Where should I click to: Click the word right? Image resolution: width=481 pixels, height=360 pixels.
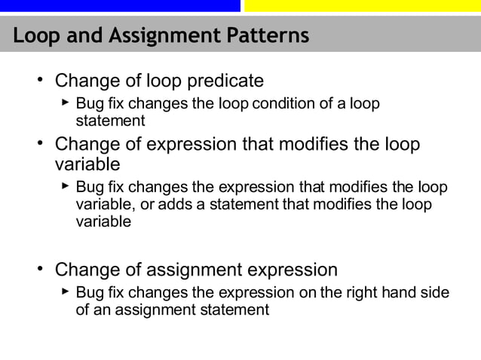358,292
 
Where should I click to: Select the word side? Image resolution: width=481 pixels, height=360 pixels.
435,292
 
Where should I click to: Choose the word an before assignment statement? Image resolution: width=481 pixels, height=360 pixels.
100,309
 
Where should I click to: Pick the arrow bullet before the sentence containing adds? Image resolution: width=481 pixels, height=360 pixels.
66,186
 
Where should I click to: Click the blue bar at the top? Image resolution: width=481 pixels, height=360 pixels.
121,5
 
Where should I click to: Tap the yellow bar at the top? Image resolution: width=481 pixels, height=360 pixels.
362,5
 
